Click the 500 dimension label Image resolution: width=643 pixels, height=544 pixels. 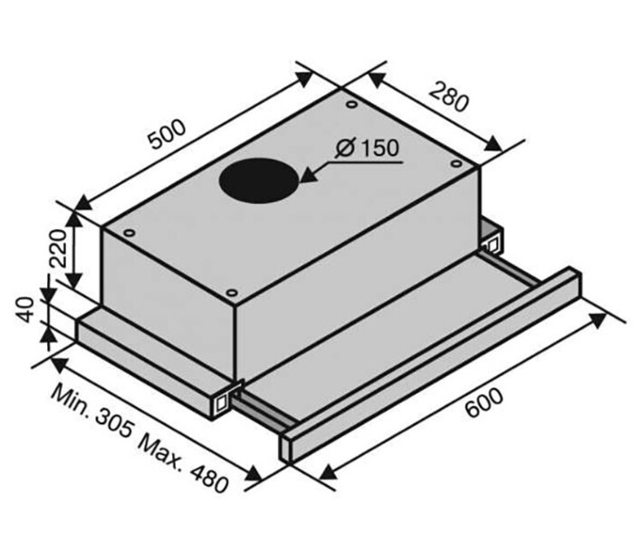pyautogui.click(x=168, y=135)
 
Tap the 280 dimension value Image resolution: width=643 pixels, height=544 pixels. pyautogui.click(x=448, y=97)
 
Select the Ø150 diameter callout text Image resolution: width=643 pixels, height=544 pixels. pyautogui.click(x=367, y=148)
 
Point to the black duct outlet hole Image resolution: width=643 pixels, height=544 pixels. pyautogui.click(x=258, y=180)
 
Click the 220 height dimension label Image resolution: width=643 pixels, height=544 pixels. pyautogui.click(x=57, y=248)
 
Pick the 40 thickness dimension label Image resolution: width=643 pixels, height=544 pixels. pyautogui.click(x=25, y=309)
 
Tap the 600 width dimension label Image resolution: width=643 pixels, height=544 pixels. pyautogui.click(x=484, y=403)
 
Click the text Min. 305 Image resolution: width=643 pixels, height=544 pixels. pyautogui.click(x=91, y=411)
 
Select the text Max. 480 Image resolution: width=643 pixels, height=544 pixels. pyautogui.click(x=183, y=464)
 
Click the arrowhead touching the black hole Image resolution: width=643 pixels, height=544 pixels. pyautogui.click(x=310, y=176)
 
